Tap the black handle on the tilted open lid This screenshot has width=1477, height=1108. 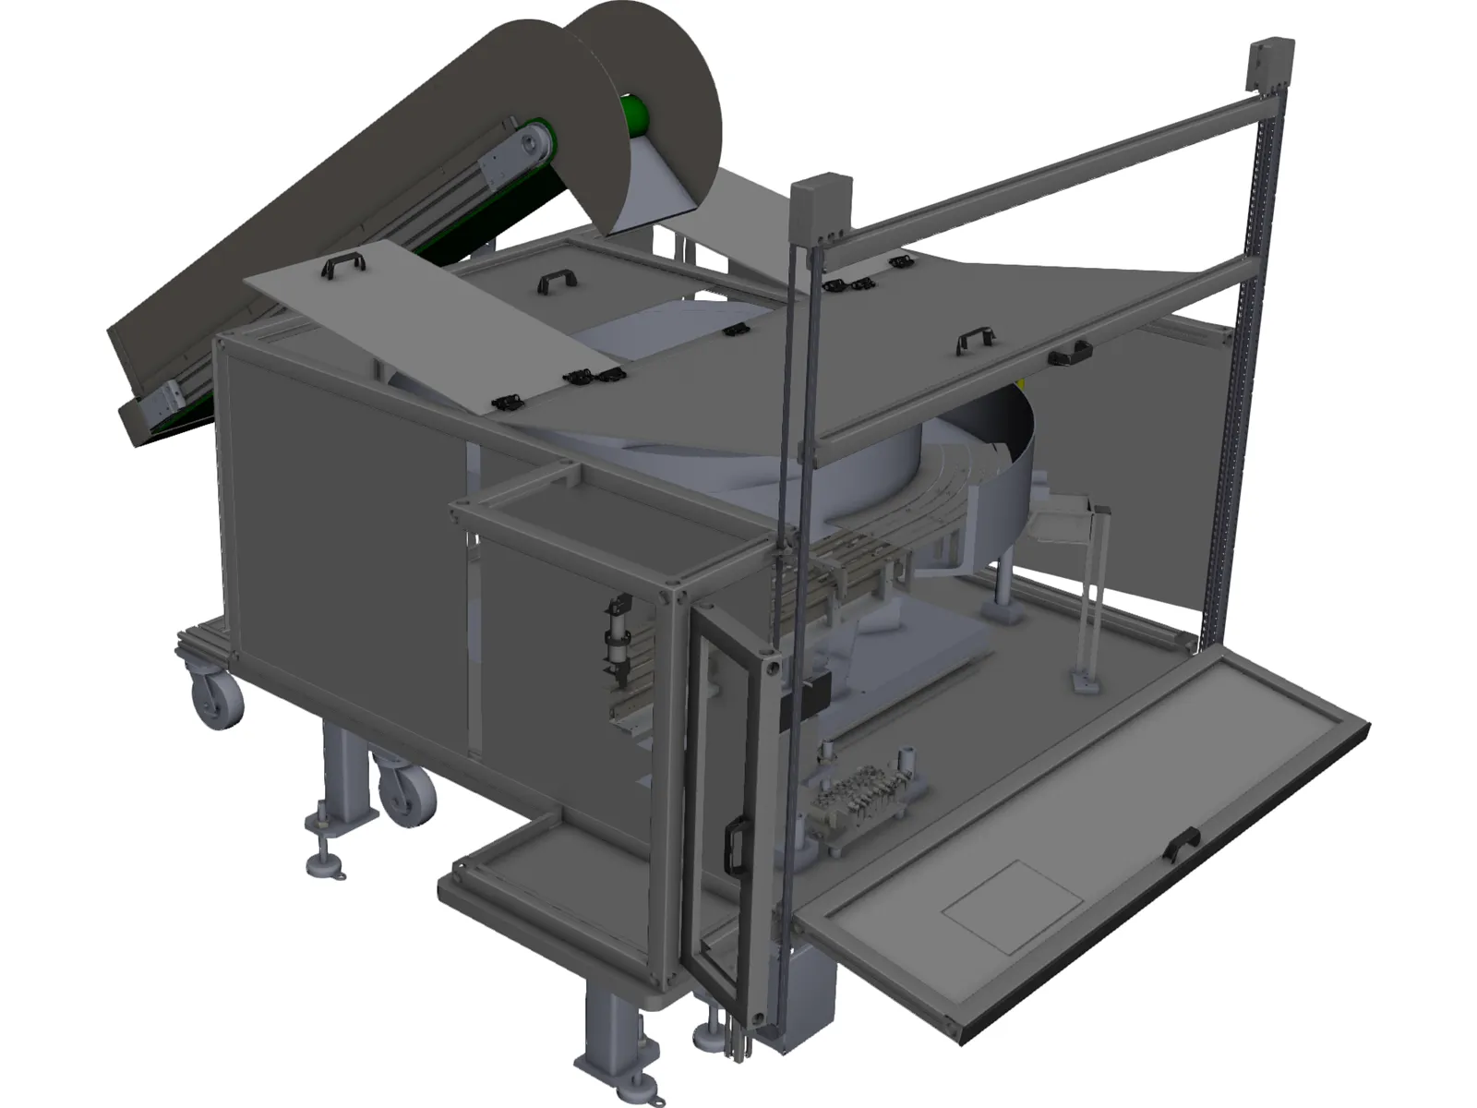[x=342, y=266]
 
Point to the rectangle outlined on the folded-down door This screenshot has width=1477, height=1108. [x=1012, y=906]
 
